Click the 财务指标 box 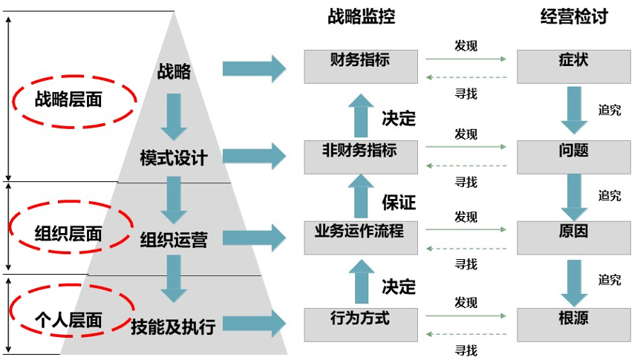[361, 66]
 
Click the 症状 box [573, 66]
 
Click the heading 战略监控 [361, 17]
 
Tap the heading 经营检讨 [573, 17]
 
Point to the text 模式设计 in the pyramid [174, 158]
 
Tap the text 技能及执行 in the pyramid [173, 325]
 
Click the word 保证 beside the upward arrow [399, 202]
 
